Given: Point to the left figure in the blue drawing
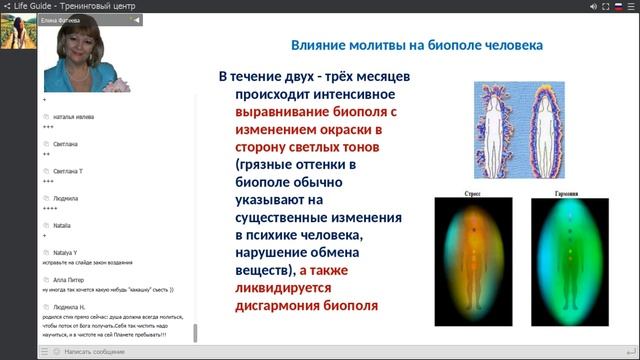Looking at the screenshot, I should tap(497, 129).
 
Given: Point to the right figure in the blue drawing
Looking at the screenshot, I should tap(547, 129).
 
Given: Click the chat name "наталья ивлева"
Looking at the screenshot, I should tap(74, 117).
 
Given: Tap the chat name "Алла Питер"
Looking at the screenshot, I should tap(72, 280).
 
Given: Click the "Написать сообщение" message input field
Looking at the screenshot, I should tap(120, 352).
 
